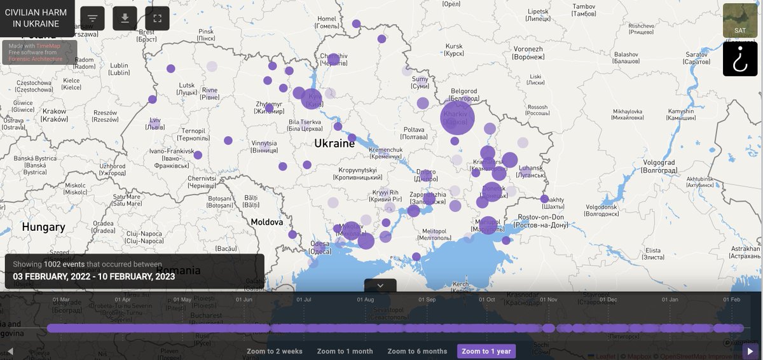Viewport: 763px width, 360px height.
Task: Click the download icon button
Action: coord(125,18)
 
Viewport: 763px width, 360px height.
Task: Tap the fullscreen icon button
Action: coord(157,18)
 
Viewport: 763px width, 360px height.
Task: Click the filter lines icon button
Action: coord(93,18)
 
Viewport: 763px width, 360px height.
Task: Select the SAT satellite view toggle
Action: coord(740,20)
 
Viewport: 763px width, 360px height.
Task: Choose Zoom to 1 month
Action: coord(345,351)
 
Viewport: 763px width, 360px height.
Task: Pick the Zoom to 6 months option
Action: coord(417,351)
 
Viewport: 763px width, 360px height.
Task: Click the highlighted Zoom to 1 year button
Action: coord(486,351)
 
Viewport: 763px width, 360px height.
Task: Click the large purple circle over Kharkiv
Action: coord(457,118)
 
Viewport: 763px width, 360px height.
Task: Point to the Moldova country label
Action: coord(267,222)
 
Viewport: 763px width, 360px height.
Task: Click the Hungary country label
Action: coord(43,226)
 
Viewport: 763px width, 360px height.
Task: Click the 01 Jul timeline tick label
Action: coord(304,299)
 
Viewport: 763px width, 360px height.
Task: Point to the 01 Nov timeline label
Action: coord(548,299)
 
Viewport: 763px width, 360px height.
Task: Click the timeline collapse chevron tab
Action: coord(380,286)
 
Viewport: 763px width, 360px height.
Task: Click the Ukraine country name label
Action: coord(334,144)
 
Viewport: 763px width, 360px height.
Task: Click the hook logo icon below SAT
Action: coord(740,59)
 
